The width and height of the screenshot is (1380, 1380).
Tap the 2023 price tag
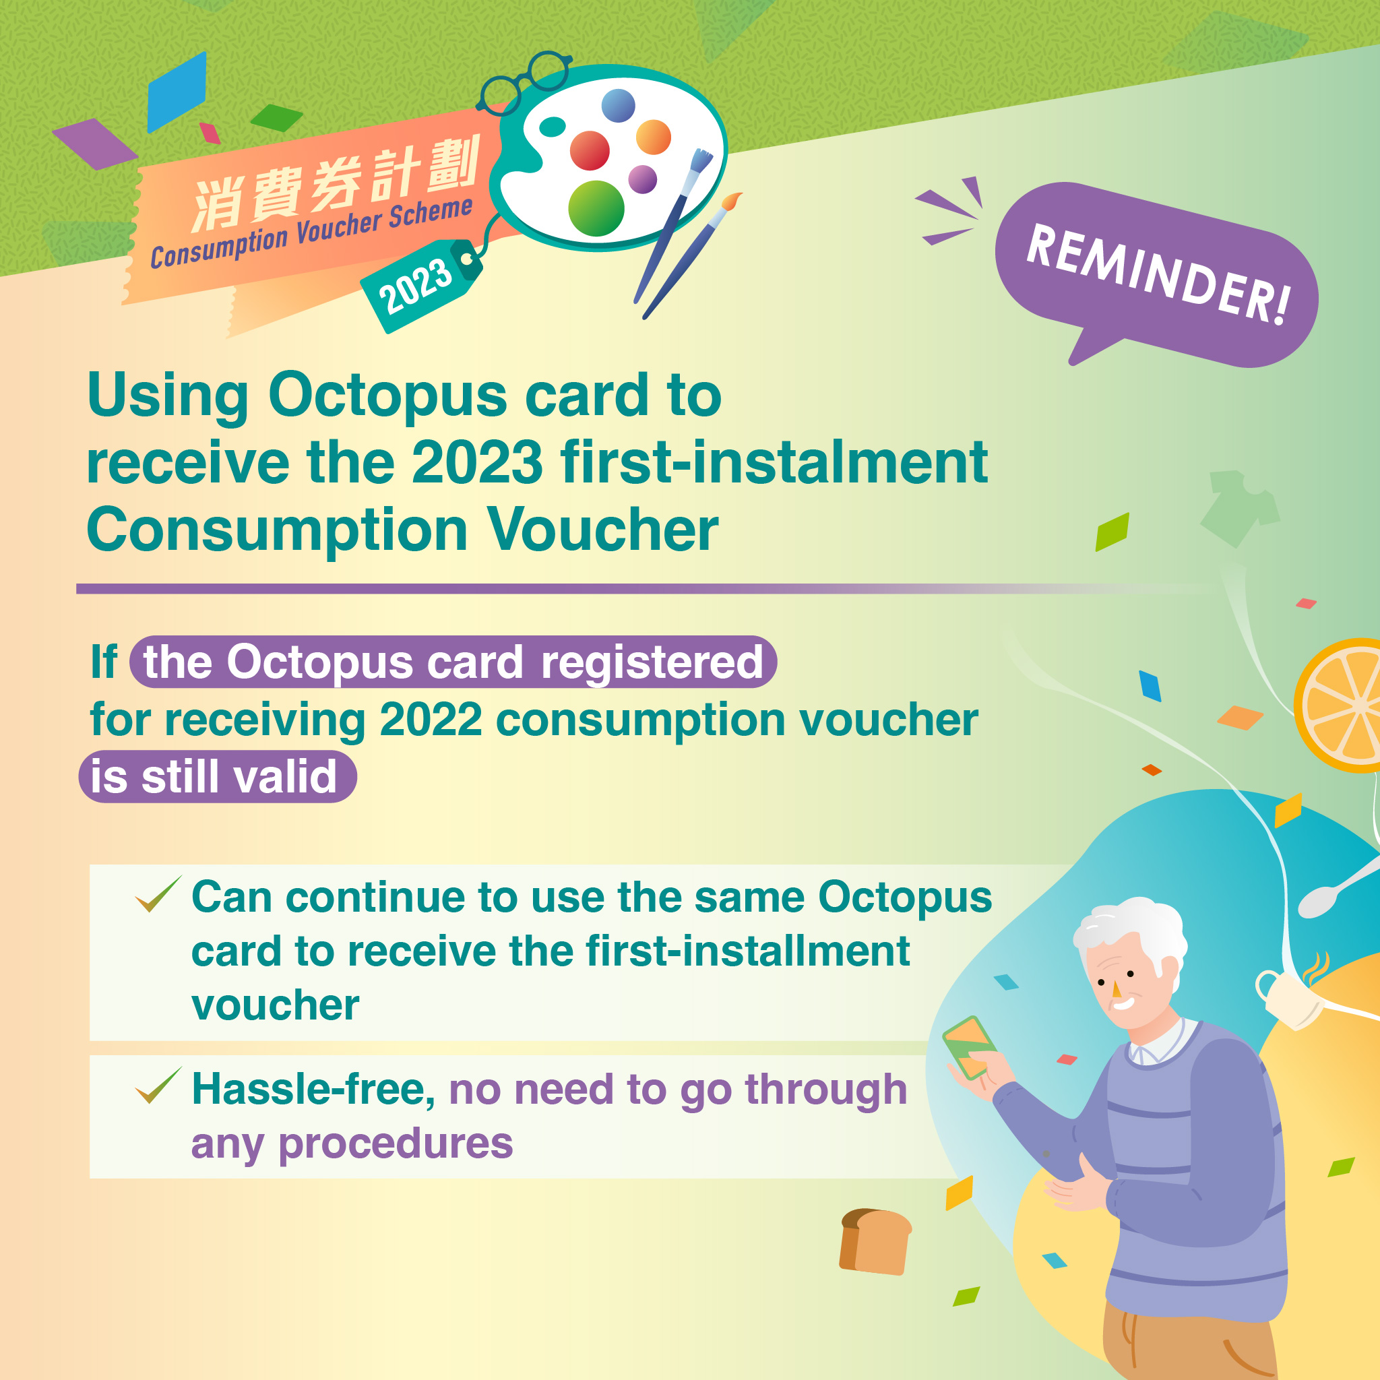pyautogui.click(x=421, y=286)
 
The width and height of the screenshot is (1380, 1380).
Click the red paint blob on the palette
pyautogui.click(x=590, y=150)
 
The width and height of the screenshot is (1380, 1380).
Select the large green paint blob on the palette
pyautogui.click(x=596, y=208)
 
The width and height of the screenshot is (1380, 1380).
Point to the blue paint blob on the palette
pyautogui.click(x=618, y=106)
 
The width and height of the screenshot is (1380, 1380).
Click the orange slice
pyautogui.click(x=1337, y=705)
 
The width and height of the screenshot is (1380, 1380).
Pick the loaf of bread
pyautogui.click(x=876, y=1241)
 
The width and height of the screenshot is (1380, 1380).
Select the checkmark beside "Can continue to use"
pyautogui.click(x=158, y=893)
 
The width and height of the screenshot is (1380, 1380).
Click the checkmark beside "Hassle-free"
pyautogui.click(x=158, y=1085)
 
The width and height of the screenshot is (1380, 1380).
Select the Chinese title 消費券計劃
pyautogui.click(x=336, y=184)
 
